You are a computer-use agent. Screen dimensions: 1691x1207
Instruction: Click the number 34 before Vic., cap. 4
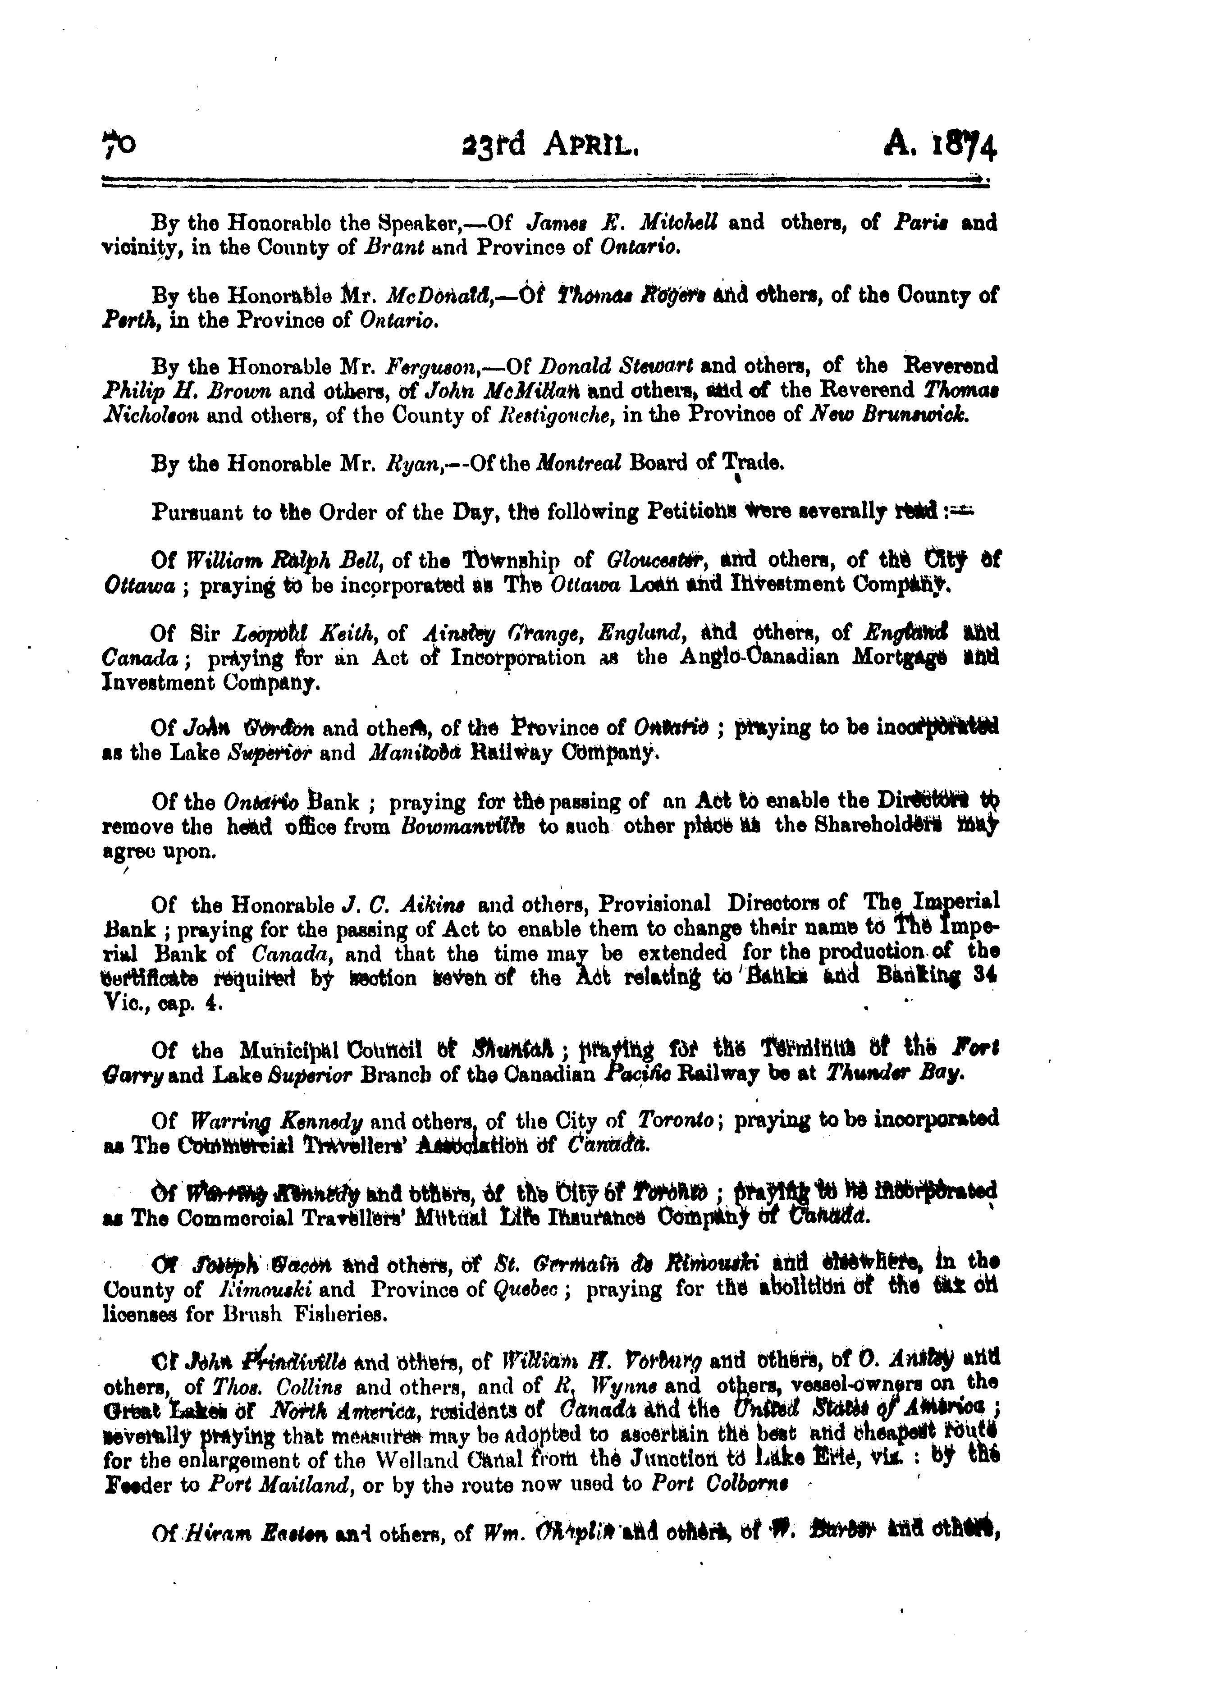pos(986,978)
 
